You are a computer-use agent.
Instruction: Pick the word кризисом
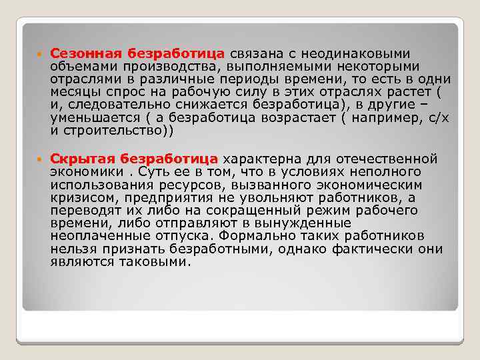click(81, 198)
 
